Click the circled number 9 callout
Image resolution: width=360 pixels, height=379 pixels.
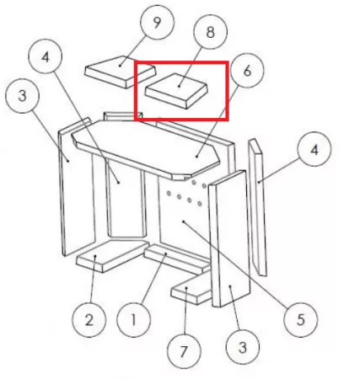coord(158,22)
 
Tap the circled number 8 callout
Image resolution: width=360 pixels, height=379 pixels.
coord(210,31)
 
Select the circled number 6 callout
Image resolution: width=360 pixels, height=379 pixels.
coord(247,71)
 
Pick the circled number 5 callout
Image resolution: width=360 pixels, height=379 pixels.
coord(301,319)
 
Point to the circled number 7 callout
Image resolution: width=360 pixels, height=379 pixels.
coord(184,351)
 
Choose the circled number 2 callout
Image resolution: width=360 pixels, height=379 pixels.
coord(89,320)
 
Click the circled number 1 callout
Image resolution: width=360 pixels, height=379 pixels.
coord(133,320)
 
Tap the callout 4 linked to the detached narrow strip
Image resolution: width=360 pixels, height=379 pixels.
coord(314,149)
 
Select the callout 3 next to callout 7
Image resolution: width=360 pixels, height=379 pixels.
coord(243,347)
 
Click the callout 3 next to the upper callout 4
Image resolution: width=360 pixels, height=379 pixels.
coord(22,96)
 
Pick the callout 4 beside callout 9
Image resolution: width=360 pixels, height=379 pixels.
coord(46,56)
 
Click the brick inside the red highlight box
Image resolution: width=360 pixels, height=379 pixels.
coord(176,91)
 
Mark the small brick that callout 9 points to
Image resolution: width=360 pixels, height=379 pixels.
coord(121,72)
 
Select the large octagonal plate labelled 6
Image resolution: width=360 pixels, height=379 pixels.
coord(146,148)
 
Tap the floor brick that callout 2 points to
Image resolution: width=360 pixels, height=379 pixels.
coord(112,255)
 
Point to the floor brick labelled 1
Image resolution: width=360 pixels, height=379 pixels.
coord(177,259)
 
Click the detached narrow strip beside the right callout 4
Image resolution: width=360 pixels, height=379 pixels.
coord(257,207)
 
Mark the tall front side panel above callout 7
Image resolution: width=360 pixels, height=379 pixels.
coord(229,238)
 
